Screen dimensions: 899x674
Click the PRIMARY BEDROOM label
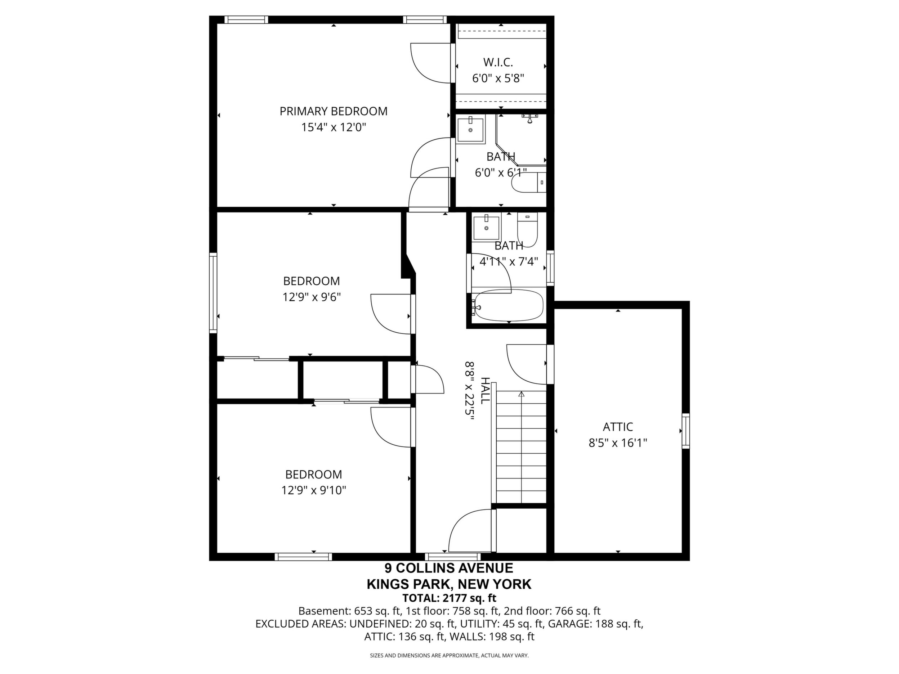tap(333, 111)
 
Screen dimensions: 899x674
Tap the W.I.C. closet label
tap(498, 62)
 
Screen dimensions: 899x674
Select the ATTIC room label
tap(618, 427)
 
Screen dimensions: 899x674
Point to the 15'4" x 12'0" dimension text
tap(333, 127)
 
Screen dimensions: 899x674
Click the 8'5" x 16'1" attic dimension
tap(618, 443)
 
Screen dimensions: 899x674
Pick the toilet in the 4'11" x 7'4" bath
tap(528, 230)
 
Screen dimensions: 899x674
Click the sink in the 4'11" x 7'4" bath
tap(487, 228)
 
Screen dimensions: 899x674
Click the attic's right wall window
tap(686, 431)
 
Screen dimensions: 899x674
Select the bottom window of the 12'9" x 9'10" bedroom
tap(303, 557)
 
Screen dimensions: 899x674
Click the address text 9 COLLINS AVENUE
tap(449, 567)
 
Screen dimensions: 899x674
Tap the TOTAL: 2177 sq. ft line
tap(449, 598)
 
